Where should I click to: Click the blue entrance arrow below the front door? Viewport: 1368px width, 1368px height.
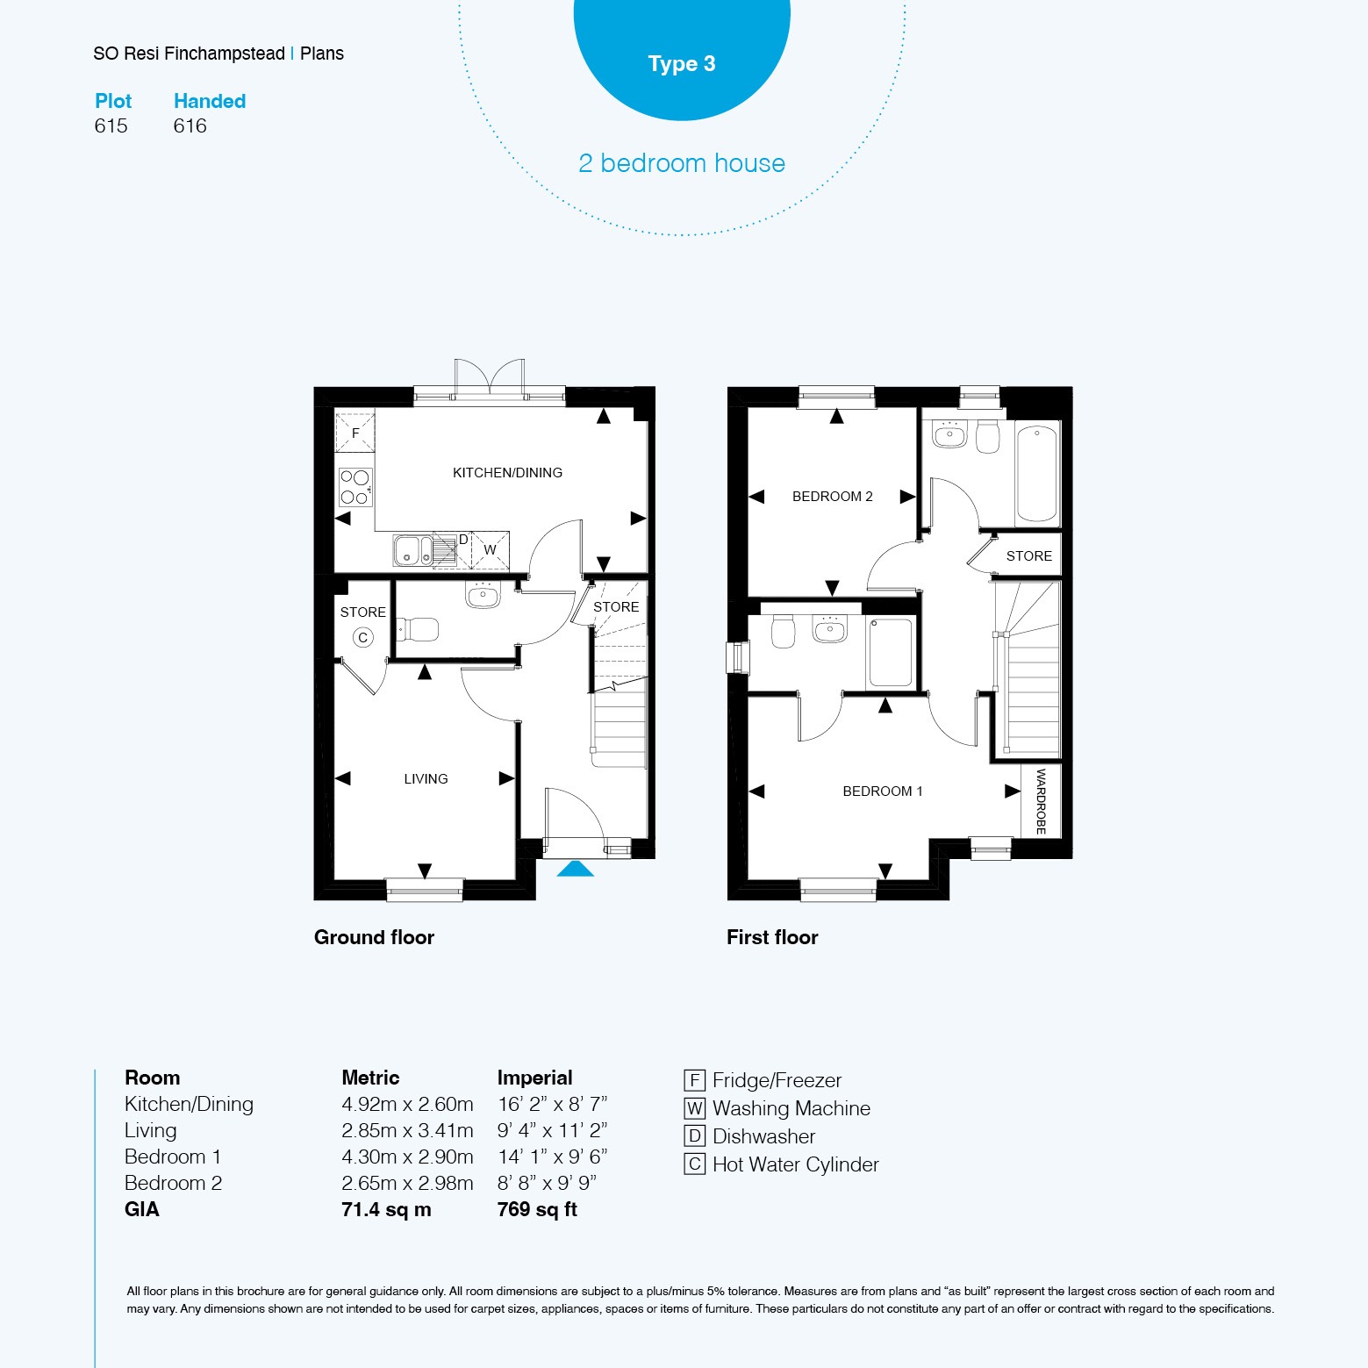click(x=576, y=869)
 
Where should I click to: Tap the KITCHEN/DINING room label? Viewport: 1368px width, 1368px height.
click(x=507, y=473)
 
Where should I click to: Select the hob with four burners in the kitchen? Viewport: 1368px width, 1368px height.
click(x=355, y=487)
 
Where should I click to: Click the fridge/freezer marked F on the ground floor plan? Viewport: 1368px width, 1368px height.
click(x=355, y=433)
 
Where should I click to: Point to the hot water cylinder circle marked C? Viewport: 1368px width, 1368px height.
click(x=363, y=638)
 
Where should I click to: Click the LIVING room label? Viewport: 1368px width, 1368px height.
click(x=426, y=779)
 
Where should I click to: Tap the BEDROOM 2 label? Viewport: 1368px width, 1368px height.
click(x=833, y=497)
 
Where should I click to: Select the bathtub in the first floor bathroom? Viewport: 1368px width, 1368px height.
click(x=1037, y=472)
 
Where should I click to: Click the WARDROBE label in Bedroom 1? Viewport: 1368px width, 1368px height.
click(x=1042, y=801)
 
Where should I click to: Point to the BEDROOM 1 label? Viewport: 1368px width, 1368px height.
click(x=883, y=791)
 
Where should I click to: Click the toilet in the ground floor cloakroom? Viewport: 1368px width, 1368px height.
click(x=418, y=629)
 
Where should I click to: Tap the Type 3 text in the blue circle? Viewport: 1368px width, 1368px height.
click(x=682, y=64)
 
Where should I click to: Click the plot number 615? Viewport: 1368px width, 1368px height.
click(x=111, y=125)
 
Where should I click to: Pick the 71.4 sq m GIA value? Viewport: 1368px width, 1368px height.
click(x=386, y=1209)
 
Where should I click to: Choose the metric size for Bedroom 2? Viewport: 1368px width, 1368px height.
click(x=407, y=1183)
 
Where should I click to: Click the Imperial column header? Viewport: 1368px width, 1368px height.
click(x=534, y=1078)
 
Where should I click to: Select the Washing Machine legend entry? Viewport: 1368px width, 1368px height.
click(x=777, y=1108)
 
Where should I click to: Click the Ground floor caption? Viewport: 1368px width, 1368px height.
click(x=374, y=937)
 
